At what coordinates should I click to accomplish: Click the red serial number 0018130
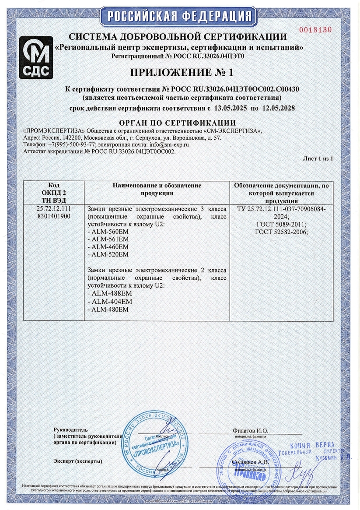point(315,30)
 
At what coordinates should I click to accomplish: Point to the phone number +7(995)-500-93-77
point(72,144)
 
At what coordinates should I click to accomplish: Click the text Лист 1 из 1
point(318,158)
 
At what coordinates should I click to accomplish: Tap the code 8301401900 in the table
point(54,216)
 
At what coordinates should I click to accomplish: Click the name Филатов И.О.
point(250,431)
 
